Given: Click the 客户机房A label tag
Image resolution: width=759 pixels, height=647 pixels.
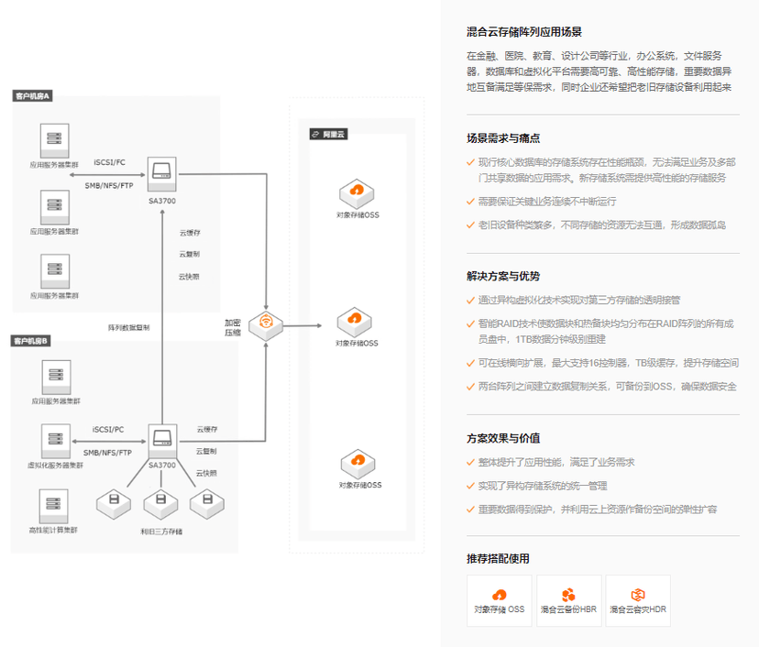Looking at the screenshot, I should coord(32,95).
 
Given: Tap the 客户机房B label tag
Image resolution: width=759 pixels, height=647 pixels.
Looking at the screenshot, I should coord(32,341).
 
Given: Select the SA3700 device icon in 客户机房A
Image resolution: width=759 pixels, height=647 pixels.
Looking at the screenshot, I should coord(161,170).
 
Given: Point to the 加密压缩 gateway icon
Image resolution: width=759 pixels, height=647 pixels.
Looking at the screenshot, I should coord(266,323).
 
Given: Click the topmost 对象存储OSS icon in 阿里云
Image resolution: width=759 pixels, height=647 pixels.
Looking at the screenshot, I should coord(357,193).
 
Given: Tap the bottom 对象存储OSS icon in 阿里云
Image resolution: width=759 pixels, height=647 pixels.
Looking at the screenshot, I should coord(357,463).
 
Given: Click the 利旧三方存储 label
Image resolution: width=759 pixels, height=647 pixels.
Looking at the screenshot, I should coord(161,532).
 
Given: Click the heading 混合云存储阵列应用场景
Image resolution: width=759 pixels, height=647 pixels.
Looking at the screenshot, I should coord(523,31).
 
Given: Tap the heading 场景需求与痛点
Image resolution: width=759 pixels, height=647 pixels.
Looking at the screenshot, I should coord(503,138).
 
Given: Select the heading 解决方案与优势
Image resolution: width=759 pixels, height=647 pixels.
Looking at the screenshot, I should coord(503,276).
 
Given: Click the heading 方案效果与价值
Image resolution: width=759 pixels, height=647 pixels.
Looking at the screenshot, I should coord(503,438).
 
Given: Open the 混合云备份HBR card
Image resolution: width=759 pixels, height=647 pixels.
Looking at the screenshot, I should coord(568,600).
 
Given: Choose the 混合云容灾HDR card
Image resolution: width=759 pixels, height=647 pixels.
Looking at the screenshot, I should coord(637,600).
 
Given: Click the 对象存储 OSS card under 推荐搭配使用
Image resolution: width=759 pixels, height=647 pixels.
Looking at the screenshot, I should coord(500,600).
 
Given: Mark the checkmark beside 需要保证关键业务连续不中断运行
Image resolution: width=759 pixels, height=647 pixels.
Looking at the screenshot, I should coord(470,202).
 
